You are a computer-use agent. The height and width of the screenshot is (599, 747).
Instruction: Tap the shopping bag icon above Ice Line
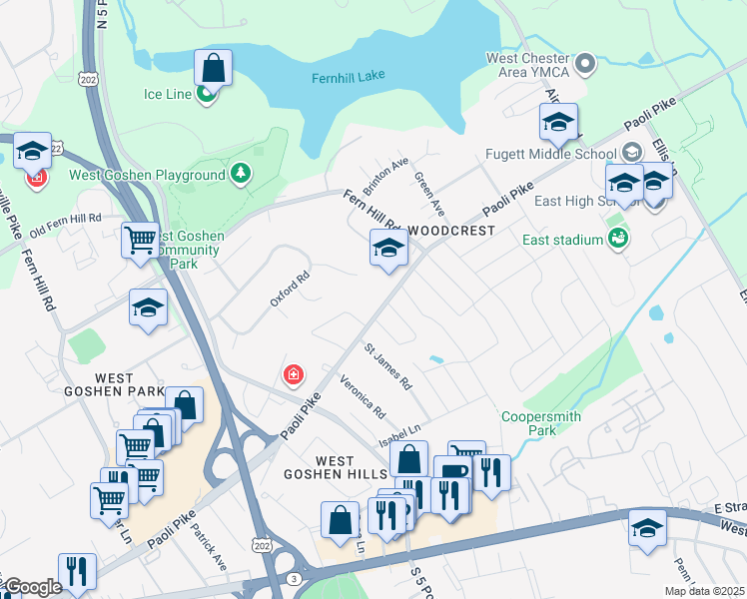(x=213, y=68)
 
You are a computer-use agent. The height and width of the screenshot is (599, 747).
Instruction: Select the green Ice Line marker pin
(x=207, y=95)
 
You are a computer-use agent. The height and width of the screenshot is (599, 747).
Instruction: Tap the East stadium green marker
(x=619, y=239)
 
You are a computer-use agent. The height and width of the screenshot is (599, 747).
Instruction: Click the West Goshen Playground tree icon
(x=240, y=175)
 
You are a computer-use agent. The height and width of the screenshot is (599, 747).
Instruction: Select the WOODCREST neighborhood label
(x=451, y=231)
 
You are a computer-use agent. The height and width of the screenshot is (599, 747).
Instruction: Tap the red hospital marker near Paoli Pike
(x=294, y=375)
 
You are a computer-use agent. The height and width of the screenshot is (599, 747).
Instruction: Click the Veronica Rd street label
(x=363, y=395)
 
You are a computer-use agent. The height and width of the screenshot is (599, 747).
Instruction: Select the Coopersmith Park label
(x=541, y=423)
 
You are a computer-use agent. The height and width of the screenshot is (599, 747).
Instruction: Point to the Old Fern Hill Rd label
(x=65, y=219)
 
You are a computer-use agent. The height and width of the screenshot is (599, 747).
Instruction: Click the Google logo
(x=32, y=587)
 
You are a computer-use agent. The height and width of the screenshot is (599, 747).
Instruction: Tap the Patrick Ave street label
(x=211, y=547)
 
